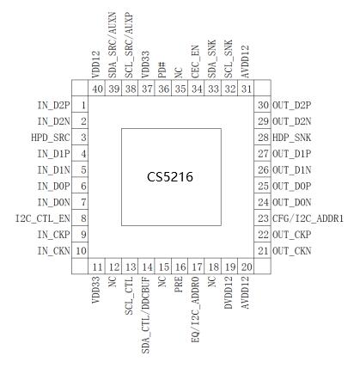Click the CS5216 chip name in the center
170,177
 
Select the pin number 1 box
80,105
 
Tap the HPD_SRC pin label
51,138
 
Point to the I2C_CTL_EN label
42,219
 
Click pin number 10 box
80,250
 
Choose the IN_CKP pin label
53,235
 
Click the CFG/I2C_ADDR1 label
308,219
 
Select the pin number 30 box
262,105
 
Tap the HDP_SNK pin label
291,138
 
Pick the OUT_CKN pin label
291,251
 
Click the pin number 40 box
97,89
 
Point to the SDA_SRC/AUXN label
113,45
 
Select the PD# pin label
162,70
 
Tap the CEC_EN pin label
195,62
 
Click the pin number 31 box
246,89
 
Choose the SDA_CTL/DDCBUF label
146,315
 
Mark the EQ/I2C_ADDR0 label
195,310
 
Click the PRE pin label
179,285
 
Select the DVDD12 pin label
229,292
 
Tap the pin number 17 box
196,267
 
